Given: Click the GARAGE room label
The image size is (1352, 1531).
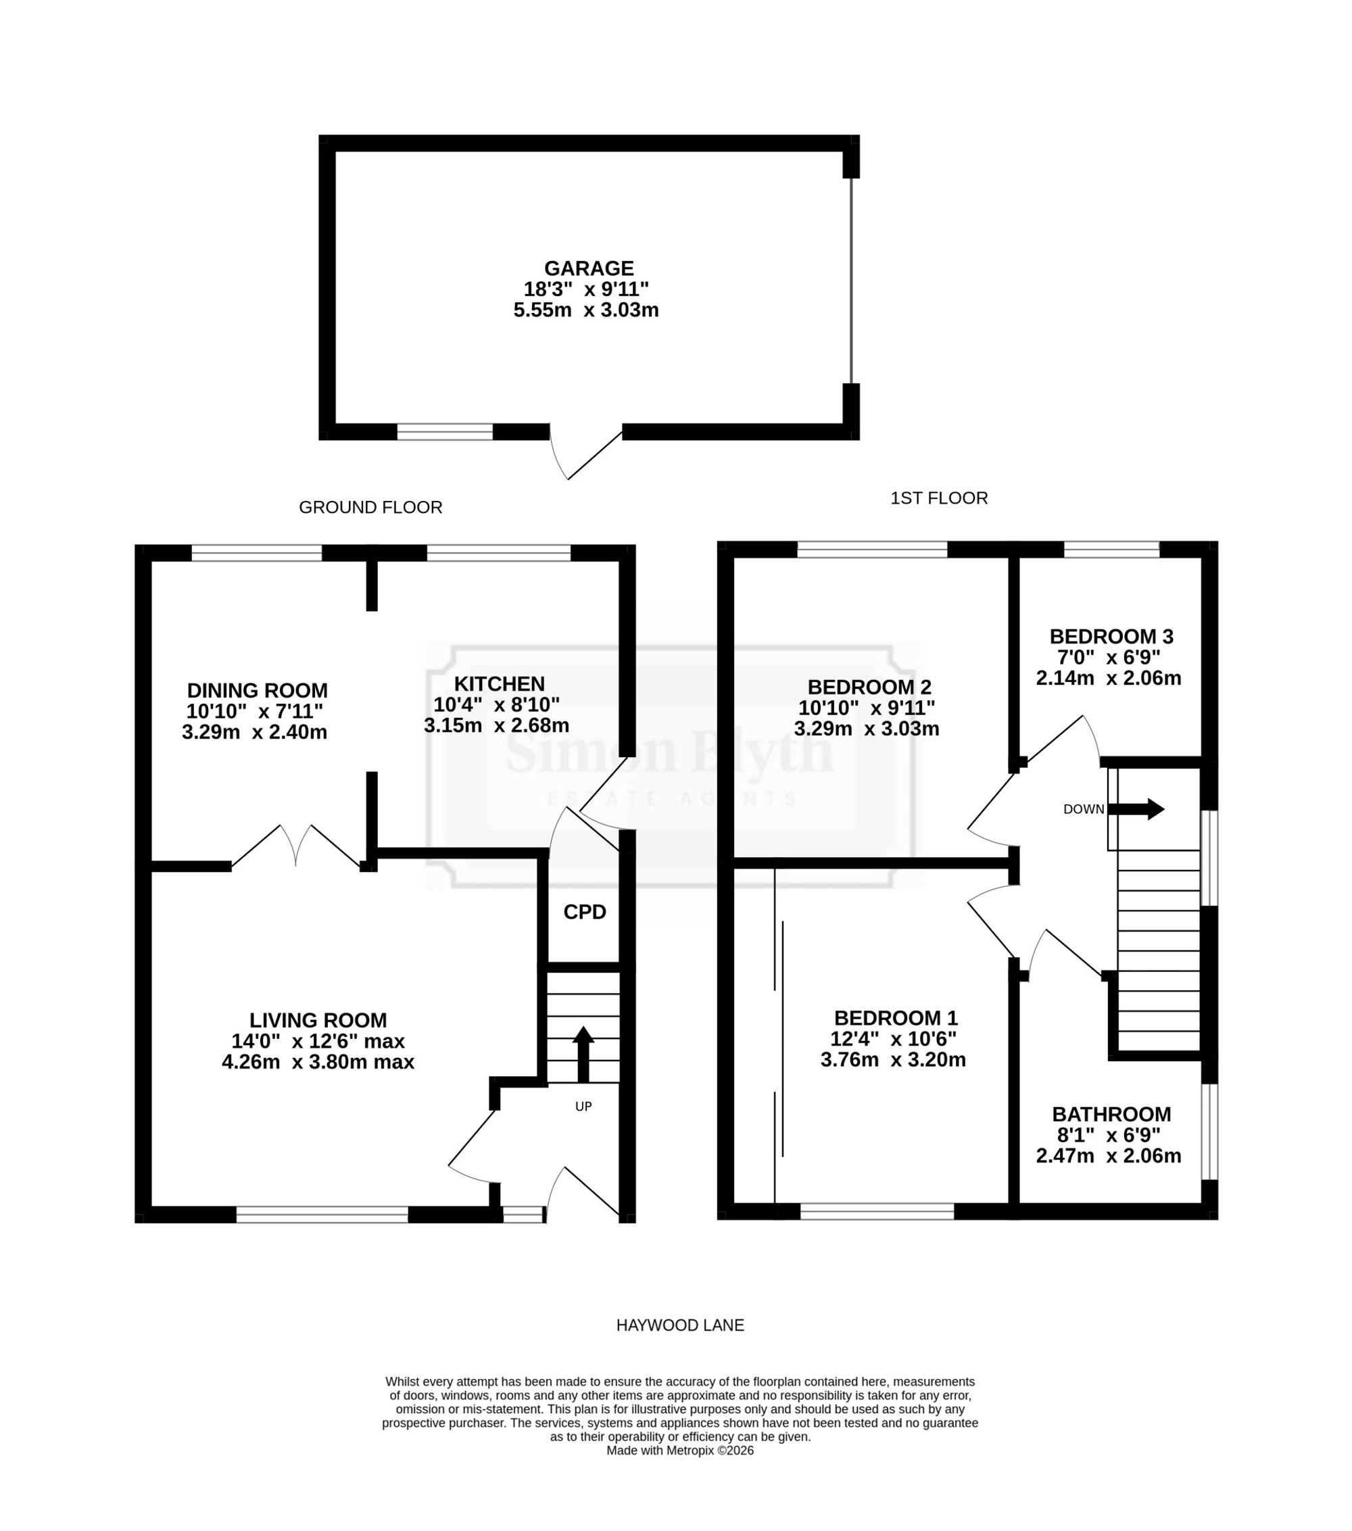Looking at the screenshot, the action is pos(589,268).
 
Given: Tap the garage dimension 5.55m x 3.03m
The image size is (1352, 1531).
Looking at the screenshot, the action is pos(585,310).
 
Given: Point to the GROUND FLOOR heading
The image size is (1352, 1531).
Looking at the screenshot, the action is pos(370,507).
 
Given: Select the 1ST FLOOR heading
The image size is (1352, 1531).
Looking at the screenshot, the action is pos(939,498).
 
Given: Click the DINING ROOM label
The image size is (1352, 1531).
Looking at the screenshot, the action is pos(257,691).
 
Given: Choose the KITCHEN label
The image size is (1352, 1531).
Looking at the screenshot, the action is pos(500,684).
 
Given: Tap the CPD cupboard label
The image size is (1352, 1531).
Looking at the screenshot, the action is pos(585,913).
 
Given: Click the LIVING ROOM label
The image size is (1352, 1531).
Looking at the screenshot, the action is pos(318,1020).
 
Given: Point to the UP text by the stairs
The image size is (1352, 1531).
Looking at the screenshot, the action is pos(583,1107).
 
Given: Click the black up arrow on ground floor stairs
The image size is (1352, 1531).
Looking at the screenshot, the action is pos(583,1054).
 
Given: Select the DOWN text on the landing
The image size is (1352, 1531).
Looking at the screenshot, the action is pos(1084,809).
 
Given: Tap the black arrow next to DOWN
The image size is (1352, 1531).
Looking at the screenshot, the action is pos(1136,809).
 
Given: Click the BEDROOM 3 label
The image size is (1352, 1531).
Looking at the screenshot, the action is pos(1111,637).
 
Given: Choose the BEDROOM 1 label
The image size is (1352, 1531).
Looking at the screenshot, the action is pos(896,1018).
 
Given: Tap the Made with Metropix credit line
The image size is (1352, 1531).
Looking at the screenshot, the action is pos(680,1450).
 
